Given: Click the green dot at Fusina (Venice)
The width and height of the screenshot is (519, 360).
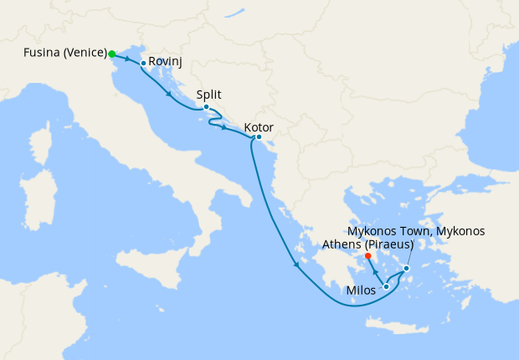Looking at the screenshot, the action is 111,54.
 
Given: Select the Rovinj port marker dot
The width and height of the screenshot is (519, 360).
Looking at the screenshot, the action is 143,63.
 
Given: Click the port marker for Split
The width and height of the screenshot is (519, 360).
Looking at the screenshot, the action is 206,107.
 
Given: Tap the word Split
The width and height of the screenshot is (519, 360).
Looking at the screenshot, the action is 208,95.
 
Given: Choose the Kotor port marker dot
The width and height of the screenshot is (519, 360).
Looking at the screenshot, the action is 259,137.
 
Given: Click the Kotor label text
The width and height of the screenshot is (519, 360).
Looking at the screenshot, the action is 259,128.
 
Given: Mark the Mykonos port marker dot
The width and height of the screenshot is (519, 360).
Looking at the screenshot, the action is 407,269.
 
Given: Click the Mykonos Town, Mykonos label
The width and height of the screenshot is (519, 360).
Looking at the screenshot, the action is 416,231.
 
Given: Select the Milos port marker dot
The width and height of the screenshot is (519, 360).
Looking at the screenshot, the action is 386,287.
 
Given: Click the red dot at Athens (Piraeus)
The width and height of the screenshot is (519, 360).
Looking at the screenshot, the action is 367,256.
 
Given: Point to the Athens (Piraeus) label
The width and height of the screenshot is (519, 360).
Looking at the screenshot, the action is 369,245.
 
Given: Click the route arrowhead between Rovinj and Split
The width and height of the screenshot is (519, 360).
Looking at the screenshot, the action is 171,95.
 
